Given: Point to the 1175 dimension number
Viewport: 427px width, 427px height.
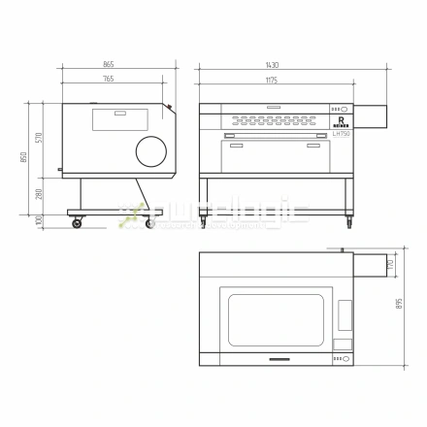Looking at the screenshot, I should click(276, 79).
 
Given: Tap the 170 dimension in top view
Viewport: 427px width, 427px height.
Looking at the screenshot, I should click(390, 263).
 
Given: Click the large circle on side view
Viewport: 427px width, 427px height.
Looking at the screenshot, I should click(150, 150).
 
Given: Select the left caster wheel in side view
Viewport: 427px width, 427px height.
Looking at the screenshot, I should click(77, 223).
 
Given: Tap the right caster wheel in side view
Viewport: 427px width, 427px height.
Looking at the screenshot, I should click(149, 223).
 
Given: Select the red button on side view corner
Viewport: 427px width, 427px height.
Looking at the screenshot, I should click(169, 107).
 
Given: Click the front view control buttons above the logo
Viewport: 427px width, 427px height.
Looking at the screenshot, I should click(341, 110).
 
